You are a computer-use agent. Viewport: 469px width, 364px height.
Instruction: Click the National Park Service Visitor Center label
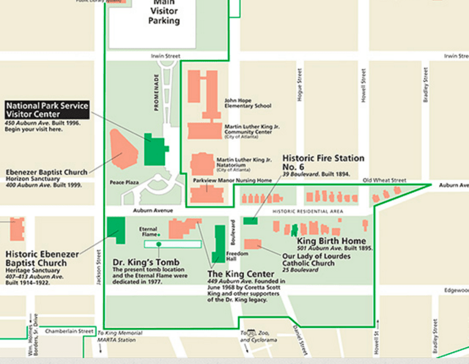47,111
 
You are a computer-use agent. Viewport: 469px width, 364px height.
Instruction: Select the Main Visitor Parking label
165,12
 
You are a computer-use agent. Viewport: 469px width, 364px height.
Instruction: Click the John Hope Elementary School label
248,103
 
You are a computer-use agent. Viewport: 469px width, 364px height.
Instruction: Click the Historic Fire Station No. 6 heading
314,162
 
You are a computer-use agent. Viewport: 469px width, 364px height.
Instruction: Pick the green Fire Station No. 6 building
251,220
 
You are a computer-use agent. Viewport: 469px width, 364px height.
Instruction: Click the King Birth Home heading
330,240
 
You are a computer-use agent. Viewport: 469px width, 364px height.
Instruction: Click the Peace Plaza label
124,181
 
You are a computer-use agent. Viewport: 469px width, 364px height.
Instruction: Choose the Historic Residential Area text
308,211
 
